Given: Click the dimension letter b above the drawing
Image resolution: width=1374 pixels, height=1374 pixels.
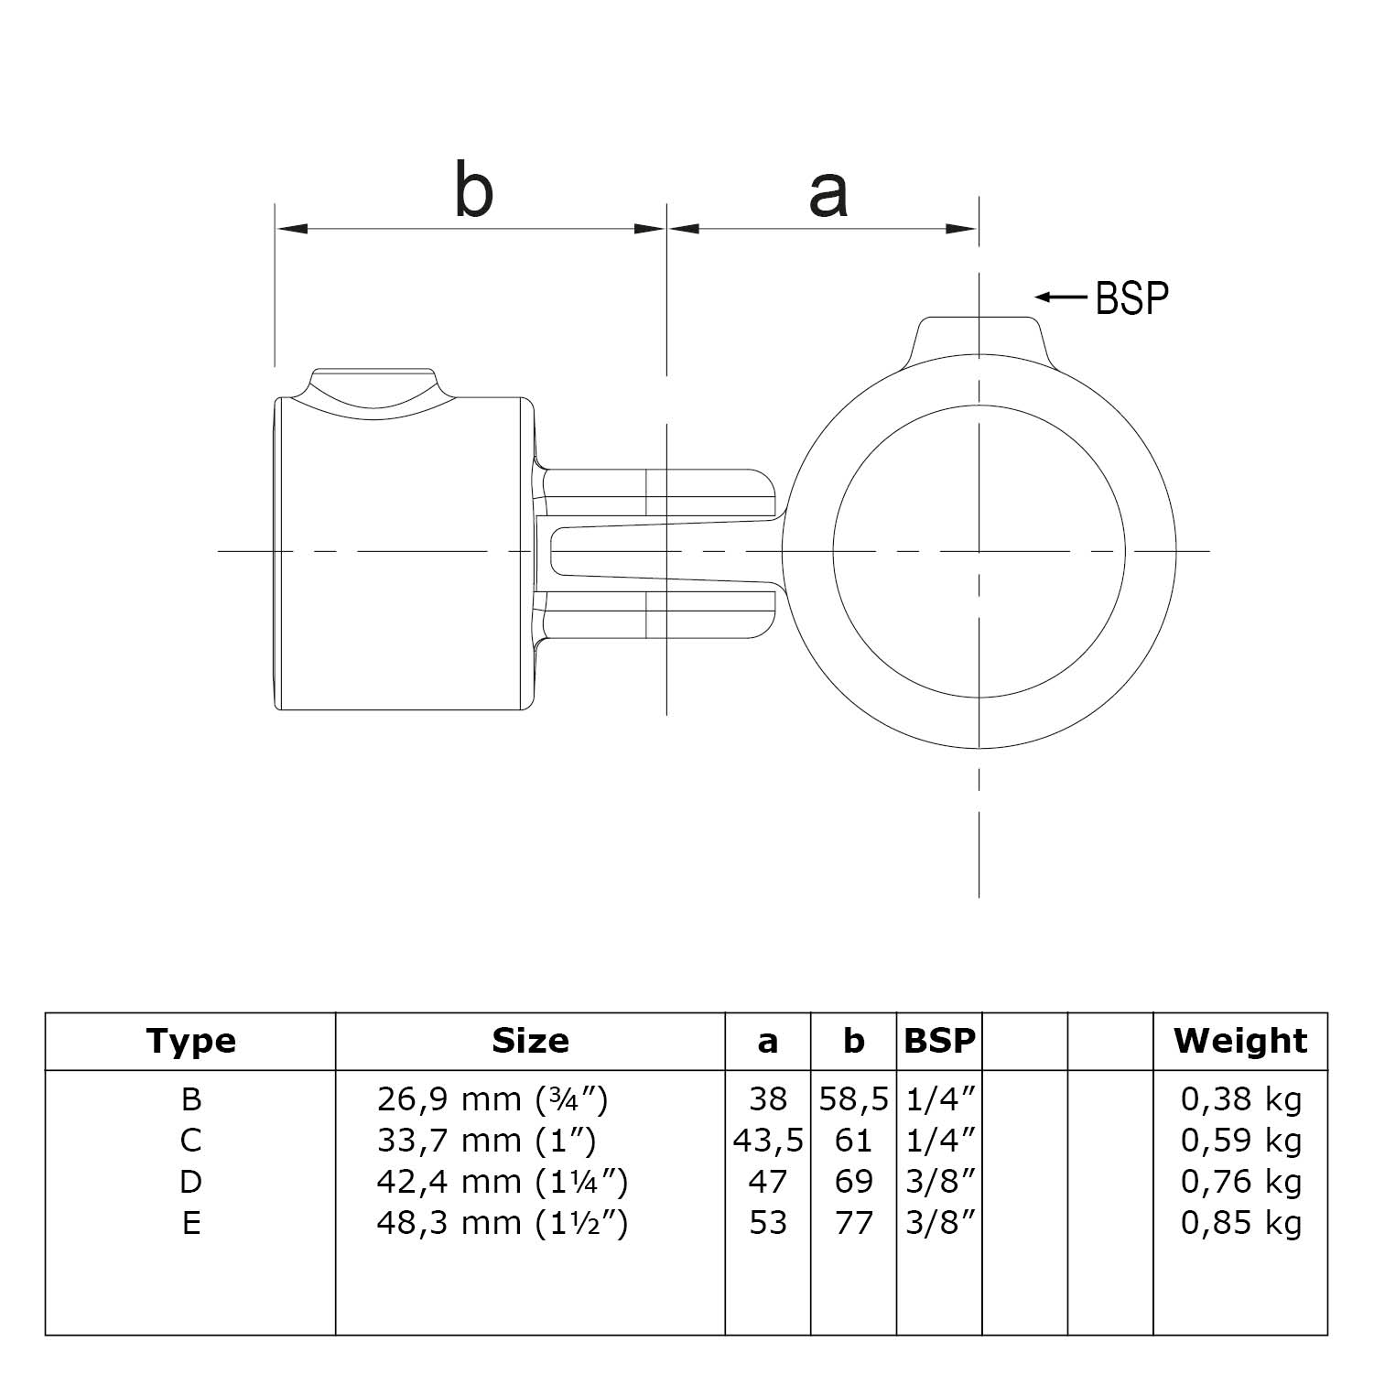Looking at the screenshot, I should click(473, 189).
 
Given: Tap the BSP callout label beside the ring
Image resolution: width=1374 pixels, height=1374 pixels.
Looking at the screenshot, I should click(1131, 298).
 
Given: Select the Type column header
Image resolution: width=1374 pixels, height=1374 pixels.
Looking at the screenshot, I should click(190, 1041).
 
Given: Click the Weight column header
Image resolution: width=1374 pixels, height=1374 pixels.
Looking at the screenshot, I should click(1240, 1041).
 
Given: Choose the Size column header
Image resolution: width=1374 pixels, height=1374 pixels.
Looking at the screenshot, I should click(530, 1041).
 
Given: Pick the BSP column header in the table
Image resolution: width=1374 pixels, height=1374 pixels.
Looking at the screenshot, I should click(939, 1041).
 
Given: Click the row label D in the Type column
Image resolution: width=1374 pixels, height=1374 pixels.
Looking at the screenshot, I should click(190, 1182).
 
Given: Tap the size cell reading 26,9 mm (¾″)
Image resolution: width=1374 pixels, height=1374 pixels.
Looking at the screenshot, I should click(492, 1098).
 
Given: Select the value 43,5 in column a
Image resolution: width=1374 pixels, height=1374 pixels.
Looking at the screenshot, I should click(768, 1141).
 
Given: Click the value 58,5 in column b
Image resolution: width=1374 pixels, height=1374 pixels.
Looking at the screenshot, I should click(853, 1098).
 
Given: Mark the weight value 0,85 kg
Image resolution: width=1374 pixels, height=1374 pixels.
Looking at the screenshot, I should click(1240, 1223).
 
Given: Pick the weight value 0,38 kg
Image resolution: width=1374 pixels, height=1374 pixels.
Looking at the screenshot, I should click(1240, 1098).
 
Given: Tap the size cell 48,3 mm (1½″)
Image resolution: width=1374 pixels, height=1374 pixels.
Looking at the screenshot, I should click(503, 1223).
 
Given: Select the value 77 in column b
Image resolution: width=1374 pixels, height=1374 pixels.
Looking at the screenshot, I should click(853, 1223).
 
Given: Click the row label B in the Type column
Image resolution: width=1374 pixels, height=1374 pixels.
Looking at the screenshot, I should click(190, 1098).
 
